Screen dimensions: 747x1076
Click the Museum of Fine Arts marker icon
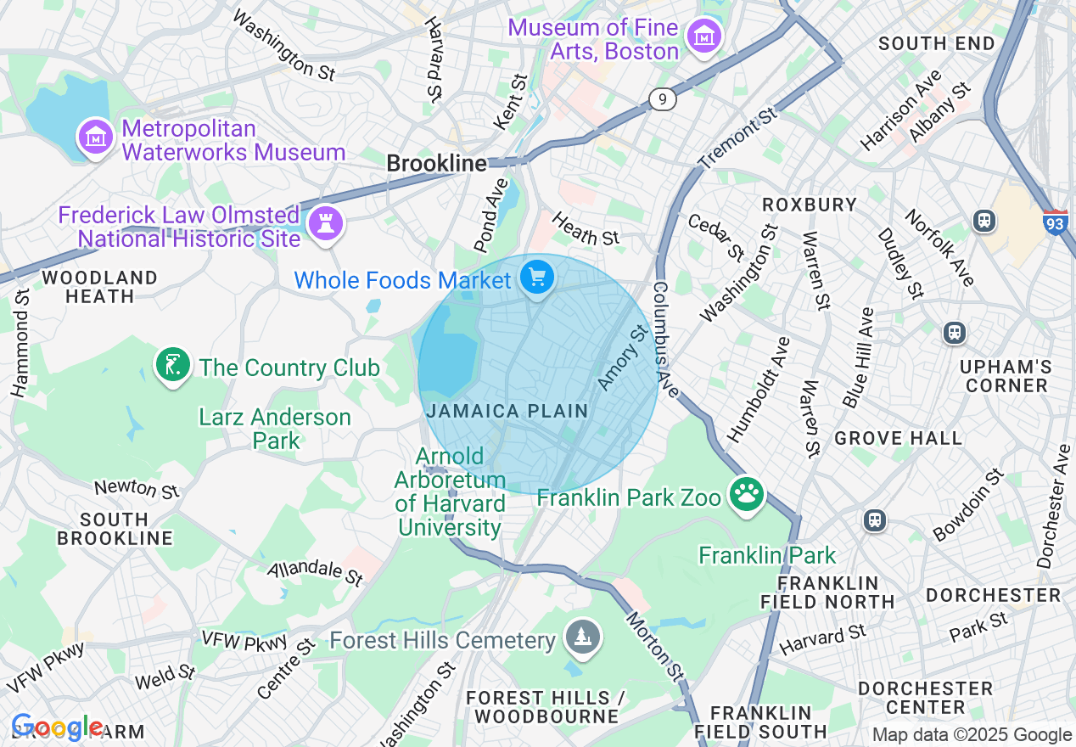[704, 37]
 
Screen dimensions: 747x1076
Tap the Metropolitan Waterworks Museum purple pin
[95, 137]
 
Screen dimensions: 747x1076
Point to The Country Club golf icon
[173, 366]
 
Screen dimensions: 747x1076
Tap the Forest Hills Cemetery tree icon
[582, 637]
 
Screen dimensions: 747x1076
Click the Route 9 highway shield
[663, 99]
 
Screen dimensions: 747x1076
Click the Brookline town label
[437, 163]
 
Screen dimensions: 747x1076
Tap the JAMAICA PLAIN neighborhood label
[507, 411]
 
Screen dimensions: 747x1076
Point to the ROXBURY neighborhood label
[809, 205]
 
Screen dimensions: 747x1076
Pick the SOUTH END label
[936, 43]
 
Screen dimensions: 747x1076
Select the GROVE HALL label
[898, 438]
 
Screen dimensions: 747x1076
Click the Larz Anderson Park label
[275, 429]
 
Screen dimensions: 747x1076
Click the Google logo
[57, 727]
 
